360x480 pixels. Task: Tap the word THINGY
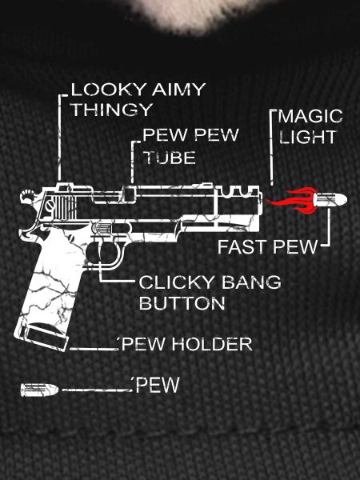tap(112, 110)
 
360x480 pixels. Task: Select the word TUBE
tap(170, 158)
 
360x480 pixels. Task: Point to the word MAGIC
tap(310, 116)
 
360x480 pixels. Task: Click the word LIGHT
tap(308, 137)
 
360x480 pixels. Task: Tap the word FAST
tap(242, 247)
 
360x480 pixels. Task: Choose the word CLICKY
tap(177, 282)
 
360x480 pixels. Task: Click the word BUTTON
tap(182, 303)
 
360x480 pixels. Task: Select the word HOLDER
tap(212, 344)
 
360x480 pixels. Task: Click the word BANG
tap(251, 282)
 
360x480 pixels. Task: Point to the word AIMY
tap(178, 90)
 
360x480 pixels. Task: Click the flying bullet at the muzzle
tap(330, 199)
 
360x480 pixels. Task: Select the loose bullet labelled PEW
tap(39, 390)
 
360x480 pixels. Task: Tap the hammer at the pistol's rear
tap(28, 197)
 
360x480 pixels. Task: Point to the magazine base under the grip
tap(41, 337)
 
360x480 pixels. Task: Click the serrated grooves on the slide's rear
tap(65, 207)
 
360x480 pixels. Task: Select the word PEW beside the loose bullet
tap(158, 385)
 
